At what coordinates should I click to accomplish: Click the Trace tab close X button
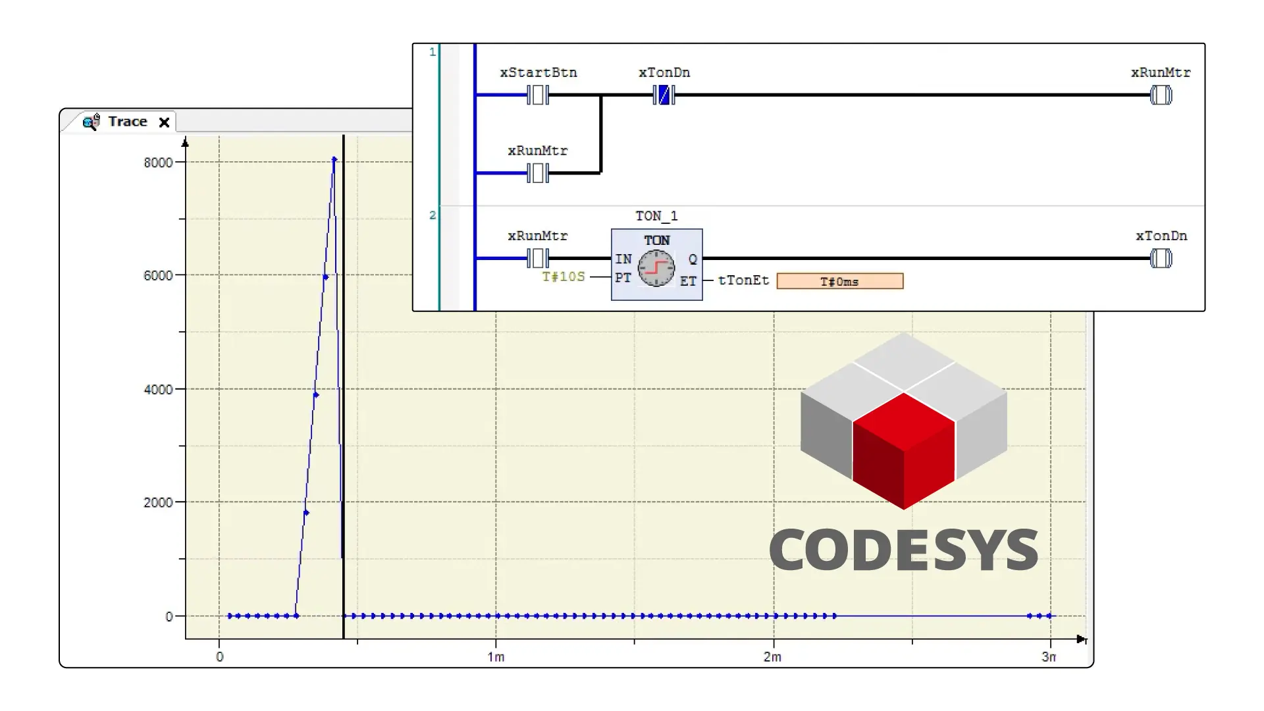click(165, 122)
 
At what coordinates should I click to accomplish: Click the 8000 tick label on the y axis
click(158, 163)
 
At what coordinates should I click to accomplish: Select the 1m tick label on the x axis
click(496, 657)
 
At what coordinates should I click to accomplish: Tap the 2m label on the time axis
click(772, 657)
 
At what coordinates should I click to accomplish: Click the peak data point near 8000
click(334, 159)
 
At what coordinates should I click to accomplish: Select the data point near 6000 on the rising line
click(325, 277)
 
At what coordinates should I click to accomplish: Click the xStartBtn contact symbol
click(538, 95)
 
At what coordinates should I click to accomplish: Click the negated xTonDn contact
click(664, 95)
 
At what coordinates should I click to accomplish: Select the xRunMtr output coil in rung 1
click(1161, 95)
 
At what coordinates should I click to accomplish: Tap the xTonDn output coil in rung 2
click(1161, 259)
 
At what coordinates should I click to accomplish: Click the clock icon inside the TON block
click(656, 268)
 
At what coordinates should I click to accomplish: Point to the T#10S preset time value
click(564, 276)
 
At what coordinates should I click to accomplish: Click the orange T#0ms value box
click(839, 282)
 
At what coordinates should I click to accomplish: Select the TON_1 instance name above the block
click(656, 216)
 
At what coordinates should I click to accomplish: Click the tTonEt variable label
click(743, 280)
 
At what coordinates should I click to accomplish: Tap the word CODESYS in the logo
click(903, 550)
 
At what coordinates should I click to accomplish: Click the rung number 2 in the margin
click(433, 215)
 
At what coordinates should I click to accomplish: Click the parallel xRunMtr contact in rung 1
click(538, 173)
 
